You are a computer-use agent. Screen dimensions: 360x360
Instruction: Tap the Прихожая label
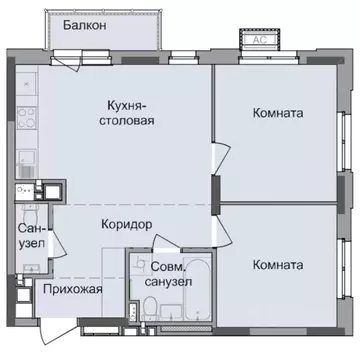coord(73,291)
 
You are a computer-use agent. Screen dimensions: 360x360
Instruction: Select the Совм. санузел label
coord(169,274)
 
